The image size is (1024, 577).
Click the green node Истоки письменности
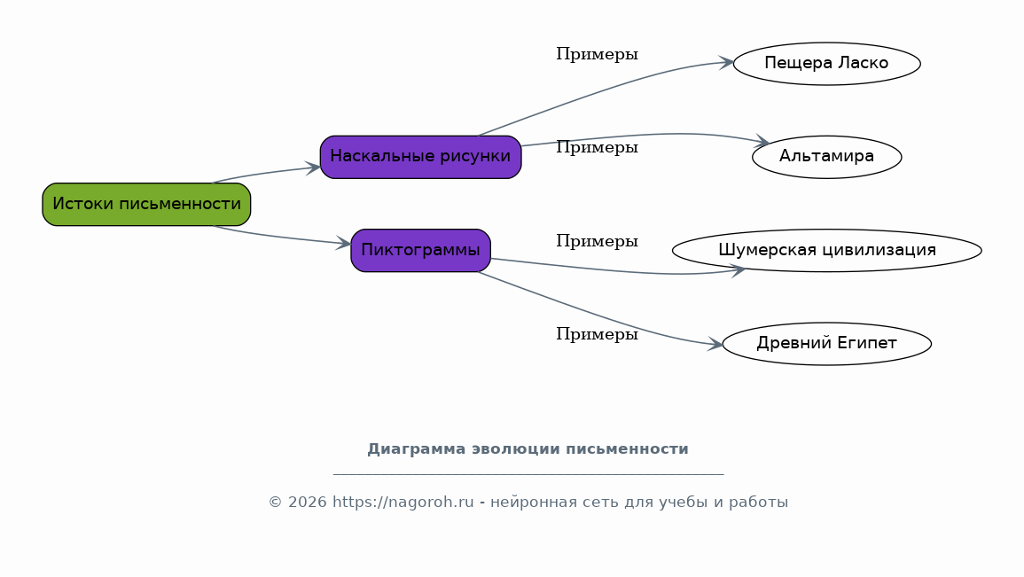pyautogui.click(x=146, y=205)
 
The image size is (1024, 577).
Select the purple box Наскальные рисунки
pyautogui.click(x=420, y=157)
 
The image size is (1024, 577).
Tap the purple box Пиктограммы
pyautogui.click(x=420, y=251)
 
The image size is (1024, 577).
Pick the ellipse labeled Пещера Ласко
pyautogui.click(x=827, y=64)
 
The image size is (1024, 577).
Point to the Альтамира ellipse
pyautogui.click(x=827, y=157)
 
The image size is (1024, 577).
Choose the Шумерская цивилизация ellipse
pyautogui.click(x=827, y=251)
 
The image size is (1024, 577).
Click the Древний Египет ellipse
pyautogui.click(x=827, y=344)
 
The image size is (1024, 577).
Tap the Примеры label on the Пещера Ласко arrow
pyautogui.click(x=597, y=55)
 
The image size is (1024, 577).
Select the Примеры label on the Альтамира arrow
pyautogui.click(x=597, y=148)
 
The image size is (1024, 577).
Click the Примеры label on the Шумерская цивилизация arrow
pyautogui.click(x=597, y=241)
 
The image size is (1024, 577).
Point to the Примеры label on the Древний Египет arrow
pyautogui.click(x=597, y=335)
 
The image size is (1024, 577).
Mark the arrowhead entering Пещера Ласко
pyautogui.click(x=726, y=63)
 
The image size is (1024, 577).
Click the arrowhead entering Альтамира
pyautogui.click(x=762, y=141)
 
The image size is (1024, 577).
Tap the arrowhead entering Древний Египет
pyautogui.click(x=715, y=344)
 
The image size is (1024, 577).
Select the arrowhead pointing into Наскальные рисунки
pyautogui.click(x=313, y=168)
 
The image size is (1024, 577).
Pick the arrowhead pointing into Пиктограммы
pyautogui.click(x=343, y=244)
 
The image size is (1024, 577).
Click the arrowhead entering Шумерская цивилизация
pyautogui.click(x=738, y=269)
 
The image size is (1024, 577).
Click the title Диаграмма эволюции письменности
pyautogui.click(x=528, y=449)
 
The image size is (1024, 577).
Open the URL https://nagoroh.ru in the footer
pyautogui.click(x=403, y=503)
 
